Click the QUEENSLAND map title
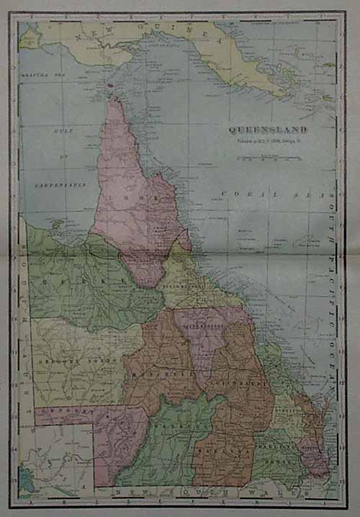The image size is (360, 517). pos(268,130)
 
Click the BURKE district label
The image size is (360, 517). pos(83,277)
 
